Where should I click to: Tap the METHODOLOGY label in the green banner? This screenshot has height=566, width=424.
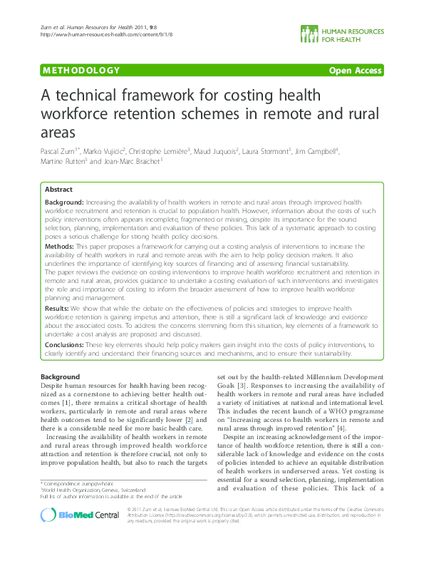[81, 71]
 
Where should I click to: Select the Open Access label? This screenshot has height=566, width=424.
[354, 71]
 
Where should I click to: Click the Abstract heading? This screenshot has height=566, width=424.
[58, 190]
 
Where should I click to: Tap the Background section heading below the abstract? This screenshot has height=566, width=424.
[61, 376]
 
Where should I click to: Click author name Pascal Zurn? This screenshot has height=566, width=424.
[59, 152]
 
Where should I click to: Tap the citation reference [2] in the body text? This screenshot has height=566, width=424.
[190, 420]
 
